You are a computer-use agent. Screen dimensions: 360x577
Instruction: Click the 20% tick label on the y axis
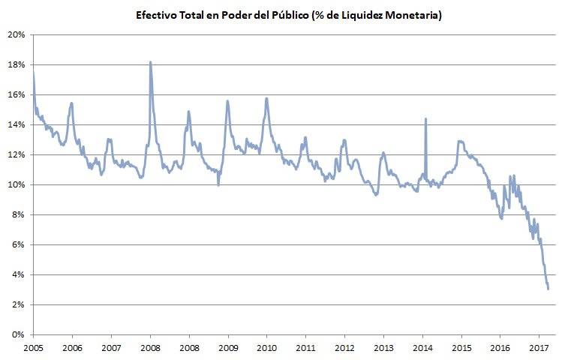pos(17,34)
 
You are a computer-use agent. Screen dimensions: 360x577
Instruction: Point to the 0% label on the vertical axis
pos(19,334)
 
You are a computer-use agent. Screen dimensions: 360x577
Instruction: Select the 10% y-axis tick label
pos(17,184)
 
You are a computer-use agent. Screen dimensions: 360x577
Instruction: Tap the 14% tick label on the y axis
pos(17,124)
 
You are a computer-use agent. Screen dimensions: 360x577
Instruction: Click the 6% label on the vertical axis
pos(19,244)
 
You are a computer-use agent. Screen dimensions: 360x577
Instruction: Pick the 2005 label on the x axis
pos(33,348)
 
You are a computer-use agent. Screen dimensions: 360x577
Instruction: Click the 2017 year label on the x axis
pos(539,348)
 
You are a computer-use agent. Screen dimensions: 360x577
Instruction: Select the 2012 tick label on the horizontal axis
pos(344,348)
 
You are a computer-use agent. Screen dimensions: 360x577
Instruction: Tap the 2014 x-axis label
pos(422,348)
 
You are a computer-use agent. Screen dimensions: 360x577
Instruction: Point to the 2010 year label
pos(266,348)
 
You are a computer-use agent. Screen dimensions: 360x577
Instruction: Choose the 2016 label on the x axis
pos(500,348)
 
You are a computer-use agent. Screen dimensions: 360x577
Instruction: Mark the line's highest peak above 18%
pos(151,62)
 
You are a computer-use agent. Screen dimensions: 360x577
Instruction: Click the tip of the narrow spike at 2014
pos(425,118)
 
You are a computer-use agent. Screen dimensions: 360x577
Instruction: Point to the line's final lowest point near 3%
pos(548,289)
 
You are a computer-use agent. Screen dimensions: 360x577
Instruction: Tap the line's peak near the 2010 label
pos(266,98)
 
